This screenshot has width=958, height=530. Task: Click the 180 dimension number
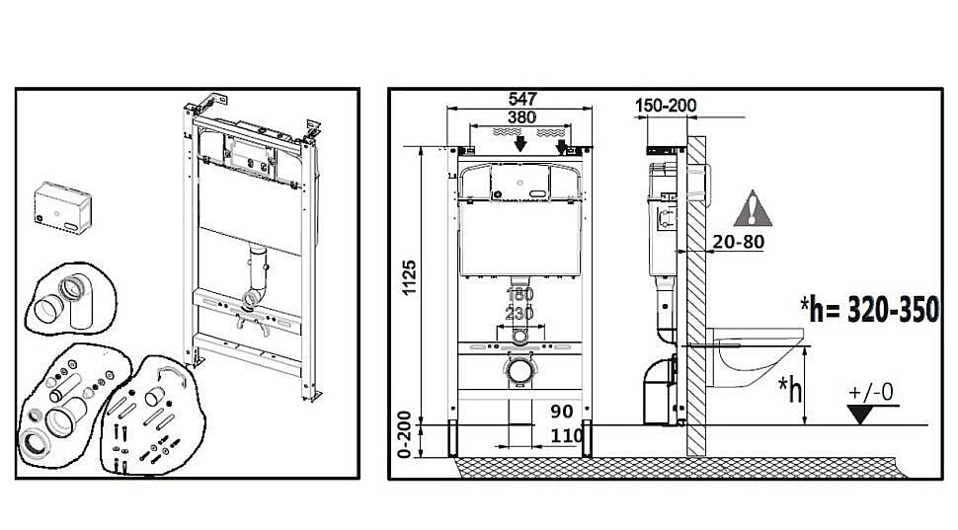[519, 295]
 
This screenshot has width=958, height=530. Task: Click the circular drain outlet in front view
[519, 372]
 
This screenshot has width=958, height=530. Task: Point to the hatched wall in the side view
[696, 296]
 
